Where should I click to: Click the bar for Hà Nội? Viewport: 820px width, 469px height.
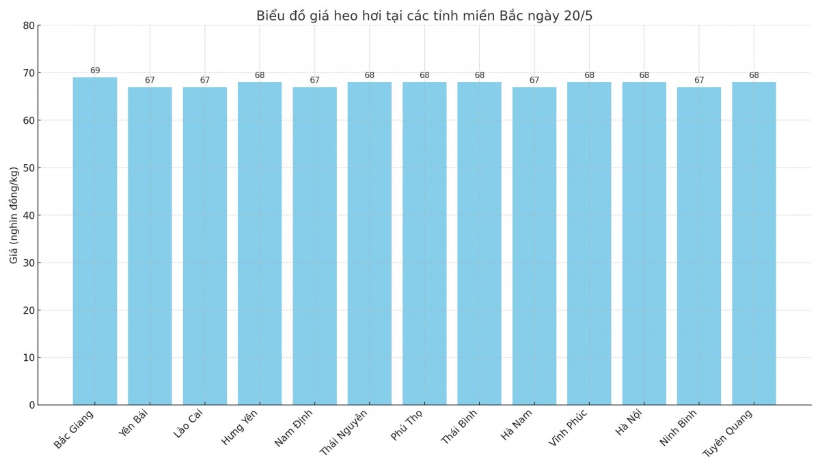pos(644,243)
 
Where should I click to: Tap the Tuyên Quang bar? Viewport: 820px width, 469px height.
pos(754,243)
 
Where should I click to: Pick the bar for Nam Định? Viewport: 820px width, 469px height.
pos(314,245)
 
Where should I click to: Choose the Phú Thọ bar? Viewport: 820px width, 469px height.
pos(424,243)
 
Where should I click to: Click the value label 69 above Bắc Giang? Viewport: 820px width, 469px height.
pos(95,70)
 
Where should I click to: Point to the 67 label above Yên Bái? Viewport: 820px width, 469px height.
pos(150,80)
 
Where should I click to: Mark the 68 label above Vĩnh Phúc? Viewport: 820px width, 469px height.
pos(589,75)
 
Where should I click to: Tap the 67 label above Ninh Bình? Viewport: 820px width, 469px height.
pos(699,80)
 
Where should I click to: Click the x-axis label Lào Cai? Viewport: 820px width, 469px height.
pos(189,425)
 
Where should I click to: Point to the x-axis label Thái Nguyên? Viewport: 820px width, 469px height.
pos(344,432)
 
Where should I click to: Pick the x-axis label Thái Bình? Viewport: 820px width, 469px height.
pos(459,427)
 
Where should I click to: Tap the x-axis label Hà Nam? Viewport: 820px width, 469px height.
pos(517,425)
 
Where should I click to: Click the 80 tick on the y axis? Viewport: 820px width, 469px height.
pos(29,25)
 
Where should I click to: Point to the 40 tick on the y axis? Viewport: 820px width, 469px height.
pos(29,215)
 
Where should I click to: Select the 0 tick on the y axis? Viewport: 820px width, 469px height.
pos(31,405)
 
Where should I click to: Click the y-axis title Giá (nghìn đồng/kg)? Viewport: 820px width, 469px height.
pos(14,215)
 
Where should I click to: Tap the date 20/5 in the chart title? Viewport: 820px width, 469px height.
pos(577,16)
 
